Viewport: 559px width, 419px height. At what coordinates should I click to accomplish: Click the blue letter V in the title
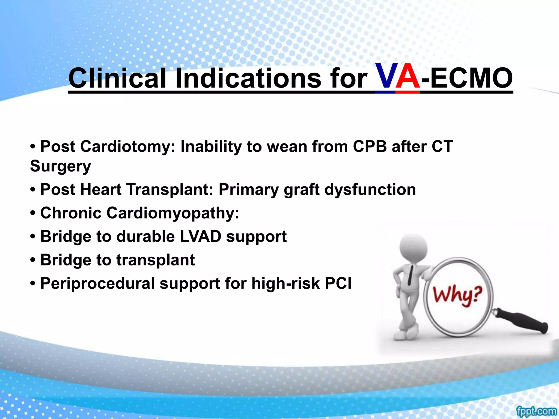[x=385, y=77]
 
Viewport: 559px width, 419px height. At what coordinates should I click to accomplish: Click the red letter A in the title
[x=408, y=77]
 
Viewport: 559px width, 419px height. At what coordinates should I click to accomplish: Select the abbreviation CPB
[x=370, y=146]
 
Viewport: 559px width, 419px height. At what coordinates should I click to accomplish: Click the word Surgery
[x=60, y=166]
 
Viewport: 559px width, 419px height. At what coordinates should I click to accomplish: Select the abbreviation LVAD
[x=200, y=237]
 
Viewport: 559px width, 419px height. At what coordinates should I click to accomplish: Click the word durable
[x=145, y=237]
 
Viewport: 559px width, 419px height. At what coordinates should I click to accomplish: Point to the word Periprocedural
[x=97, y=283]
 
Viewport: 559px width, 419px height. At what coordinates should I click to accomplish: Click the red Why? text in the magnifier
[x=458, y=296]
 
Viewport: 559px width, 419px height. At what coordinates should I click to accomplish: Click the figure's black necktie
[x=410, y=276]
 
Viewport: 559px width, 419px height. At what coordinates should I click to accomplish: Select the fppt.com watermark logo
[x=536, y=411]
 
